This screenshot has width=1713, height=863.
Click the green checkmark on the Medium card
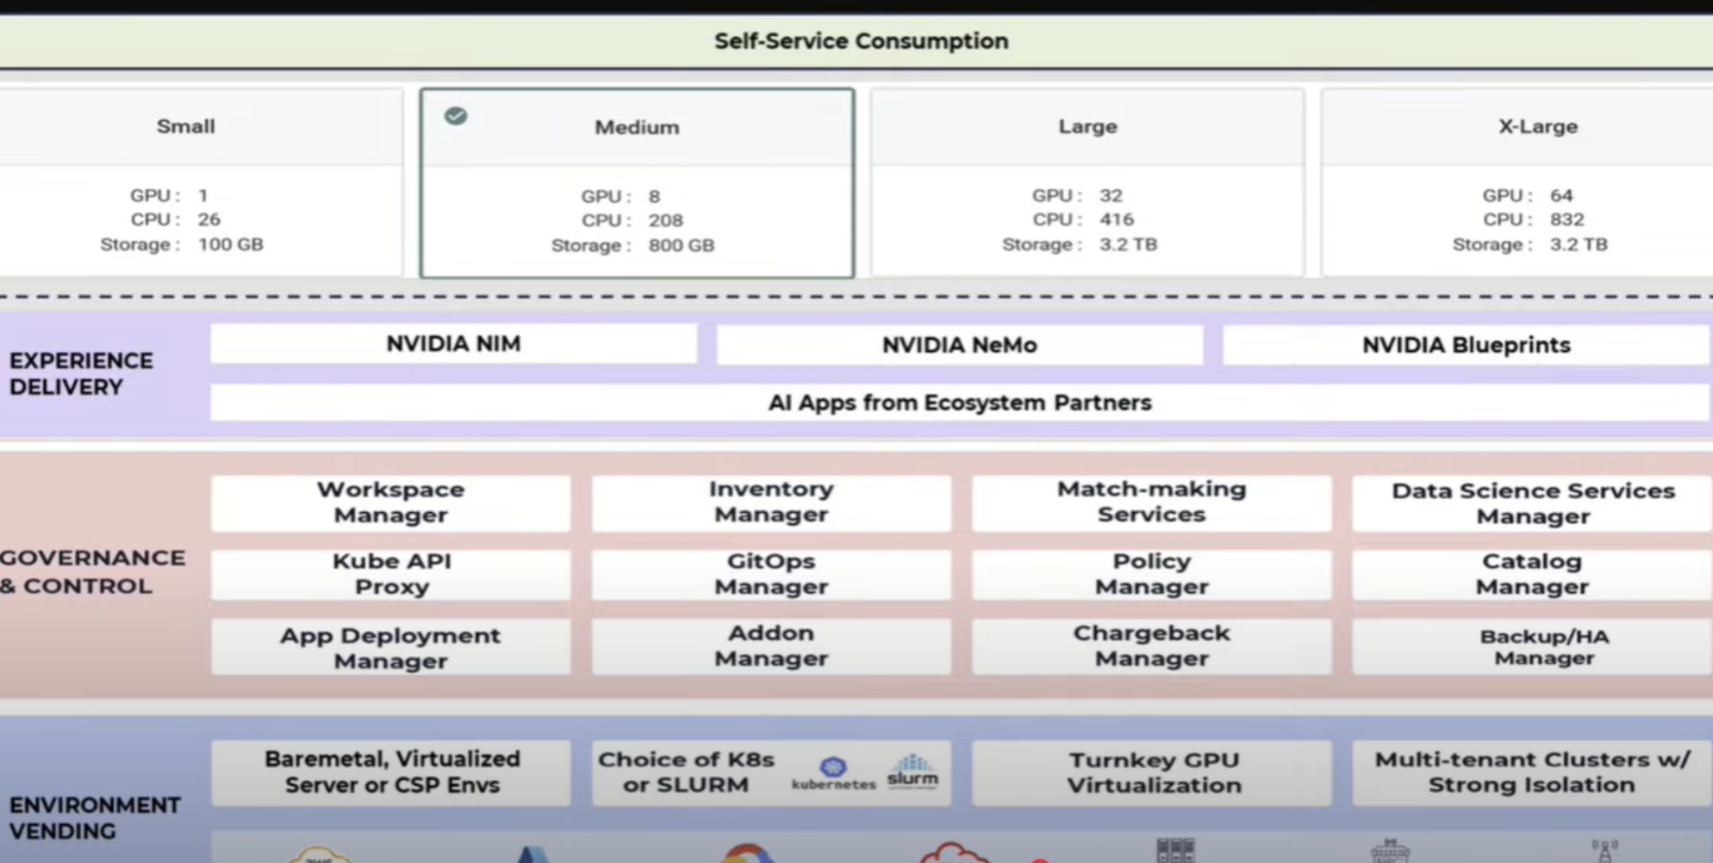455,116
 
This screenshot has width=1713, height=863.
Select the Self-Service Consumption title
861,41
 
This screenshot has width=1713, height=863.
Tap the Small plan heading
186,126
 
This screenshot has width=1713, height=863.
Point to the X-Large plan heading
1538,126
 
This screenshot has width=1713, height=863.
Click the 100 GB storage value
231,245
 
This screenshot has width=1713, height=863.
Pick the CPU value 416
1117,220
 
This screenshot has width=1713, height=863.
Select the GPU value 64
1561,195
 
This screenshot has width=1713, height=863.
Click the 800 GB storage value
681,246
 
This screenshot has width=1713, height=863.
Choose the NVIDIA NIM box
454,344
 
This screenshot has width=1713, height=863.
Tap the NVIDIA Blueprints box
1466,345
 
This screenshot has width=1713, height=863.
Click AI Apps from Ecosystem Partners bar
959,403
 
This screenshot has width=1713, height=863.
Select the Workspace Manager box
390,503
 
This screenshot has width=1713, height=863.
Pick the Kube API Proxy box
391,574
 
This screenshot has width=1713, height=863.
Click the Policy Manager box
1152,574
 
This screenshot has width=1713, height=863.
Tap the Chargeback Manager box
1152,646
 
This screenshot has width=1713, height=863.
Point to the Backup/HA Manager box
1543,647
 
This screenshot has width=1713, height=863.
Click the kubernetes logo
833,772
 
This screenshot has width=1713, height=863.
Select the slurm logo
912,771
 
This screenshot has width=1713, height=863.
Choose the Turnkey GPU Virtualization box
1153,772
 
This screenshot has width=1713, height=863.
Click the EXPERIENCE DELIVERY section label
81,374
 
